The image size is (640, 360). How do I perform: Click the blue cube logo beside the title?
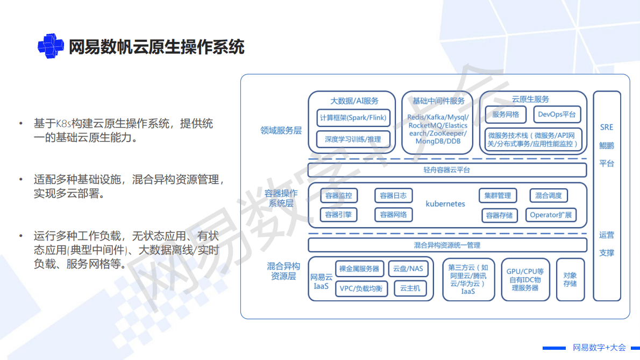pos(51,46)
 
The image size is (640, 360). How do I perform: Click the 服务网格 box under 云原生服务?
pos(506,114)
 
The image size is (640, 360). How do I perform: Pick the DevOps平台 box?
pos(557,114)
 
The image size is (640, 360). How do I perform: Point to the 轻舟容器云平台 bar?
pos(447,170)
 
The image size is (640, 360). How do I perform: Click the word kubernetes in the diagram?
pos(445,204)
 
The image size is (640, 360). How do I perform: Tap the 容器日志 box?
pos(393,195)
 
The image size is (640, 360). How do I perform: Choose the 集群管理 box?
pos(497,195)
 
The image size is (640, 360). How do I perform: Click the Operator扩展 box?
pos(551,215)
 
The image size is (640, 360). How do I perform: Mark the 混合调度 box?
pos(549,195)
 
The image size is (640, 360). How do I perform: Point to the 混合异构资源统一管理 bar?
pos(447,245)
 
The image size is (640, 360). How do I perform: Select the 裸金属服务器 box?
pos(359,269)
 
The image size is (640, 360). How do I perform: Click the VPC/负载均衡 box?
pos(361,288)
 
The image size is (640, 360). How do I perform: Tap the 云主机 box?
pos(410,288)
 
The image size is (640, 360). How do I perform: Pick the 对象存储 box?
pos(570,279)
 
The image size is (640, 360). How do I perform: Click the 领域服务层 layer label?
pos(281,130)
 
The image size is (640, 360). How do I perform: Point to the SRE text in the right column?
pos(607,128)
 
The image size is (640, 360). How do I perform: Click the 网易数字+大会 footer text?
pos(599,348)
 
